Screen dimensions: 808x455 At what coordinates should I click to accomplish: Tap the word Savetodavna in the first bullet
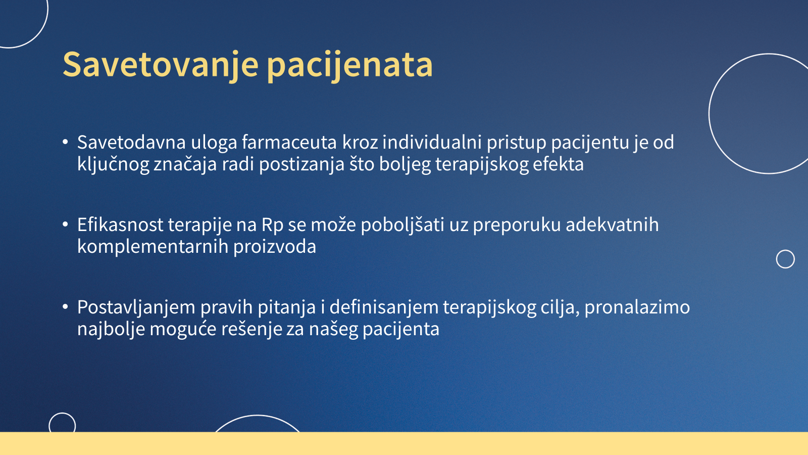pos(131,142)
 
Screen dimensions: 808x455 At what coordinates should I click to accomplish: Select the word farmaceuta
pos(289,142)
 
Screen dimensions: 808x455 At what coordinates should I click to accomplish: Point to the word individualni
pos(432,142)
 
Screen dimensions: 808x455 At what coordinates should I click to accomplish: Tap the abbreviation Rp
pos(272,225)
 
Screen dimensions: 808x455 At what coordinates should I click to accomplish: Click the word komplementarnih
pos(153,247)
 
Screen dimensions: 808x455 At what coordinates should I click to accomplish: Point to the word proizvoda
pos(275,247)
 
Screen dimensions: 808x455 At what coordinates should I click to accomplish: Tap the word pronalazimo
pos(637,307)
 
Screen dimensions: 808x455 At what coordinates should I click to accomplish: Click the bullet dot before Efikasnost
pos(65,224)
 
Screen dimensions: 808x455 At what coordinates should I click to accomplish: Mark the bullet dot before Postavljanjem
pos(65,307)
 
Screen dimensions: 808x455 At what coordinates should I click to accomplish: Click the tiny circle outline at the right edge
pos(785,250)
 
